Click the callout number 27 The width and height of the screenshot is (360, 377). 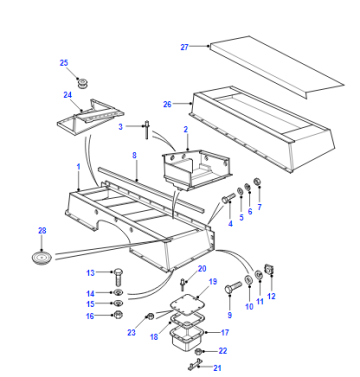tap(184, 47)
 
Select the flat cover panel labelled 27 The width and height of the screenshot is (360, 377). tap(277, 67)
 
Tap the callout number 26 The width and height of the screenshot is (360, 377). tap(167, 104)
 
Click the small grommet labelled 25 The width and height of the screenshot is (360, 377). tap(81, 83)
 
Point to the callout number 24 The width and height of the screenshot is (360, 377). tap(68, 95)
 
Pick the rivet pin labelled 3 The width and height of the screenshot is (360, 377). tap(147, 131)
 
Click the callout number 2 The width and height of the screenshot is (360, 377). tap(186, 129)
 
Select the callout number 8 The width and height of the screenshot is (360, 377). tap(134, 155)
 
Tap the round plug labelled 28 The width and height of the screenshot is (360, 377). tap(41, 258)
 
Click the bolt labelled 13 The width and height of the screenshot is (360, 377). tap(118, 276)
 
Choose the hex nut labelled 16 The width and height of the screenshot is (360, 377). tap(117, 314)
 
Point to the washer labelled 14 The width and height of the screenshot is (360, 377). tap(118, 293)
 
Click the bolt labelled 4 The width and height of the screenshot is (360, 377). tap(228, 200)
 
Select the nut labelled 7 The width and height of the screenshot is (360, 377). tap(257, 182)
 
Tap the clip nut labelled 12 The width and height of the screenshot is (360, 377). tap(269, 270)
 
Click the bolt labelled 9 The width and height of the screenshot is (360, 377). tap(233, 287)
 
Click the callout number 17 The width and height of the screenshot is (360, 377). tap(225, 332)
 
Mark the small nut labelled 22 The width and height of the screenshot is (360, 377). tap(198, 351)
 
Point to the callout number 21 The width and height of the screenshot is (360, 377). tap(217, 368)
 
